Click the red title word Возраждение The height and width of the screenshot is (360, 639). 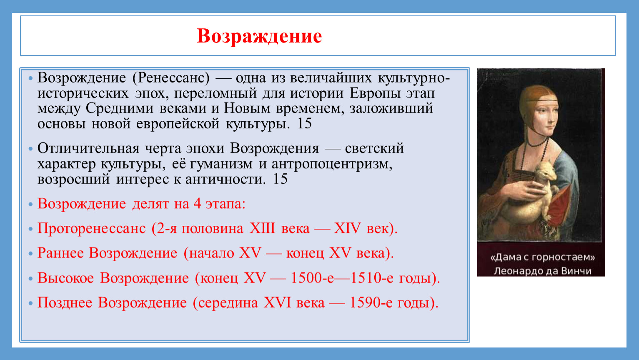(259, 37)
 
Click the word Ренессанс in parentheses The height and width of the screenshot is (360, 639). (171, 78)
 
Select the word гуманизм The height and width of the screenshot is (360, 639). (221, 164)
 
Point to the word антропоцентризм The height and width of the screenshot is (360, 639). (332, 164)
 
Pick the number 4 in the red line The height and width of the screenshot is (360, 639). (197, 204)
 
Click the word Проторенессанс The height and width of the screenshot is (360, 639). (92, 229)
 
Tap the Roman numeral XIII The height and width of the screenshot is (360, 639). (262, 228)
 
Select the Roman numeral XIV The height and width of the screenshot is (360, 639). (347, 228)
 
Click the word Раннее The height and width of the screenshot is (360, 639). (60, 253)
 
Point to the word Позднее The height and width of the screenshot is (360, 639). (65, 303)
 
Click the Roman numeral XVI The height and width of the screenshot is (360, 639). (277, 302)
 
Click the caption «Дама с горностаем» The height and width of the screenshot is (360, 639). (543, 257)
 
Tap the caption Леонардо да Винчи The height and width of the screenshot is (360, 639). (543, 271)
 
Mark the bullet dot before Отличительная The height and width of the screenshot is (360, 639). (30, 149)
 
